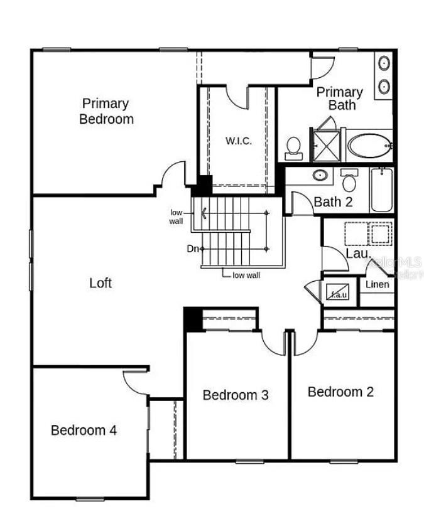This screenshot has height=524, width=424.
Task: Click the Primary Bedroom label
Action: [106, 111]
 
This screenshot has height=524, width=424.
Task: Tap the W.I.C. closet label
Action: [239, 141]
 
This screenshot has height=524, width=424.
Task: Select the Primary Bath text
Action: [339, 99]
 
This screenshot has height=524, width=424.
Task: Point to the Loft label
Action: [101, 283]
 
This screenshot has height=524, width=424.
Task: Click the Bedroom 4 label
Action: [84, 430]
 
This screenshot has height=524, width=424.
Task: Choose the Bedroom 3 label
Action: [236, 395]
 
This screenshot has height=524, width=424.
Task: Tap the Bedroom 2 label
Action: [340, 392]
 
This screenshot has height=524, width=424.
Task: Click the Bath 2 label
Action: [332, 202]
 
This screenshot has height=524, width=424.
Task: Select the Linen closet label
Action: [378, 284]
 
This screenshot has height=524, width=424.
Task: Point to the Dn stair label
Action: [193, 249]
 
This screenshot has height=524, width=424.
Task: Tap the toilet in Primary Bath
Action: [293, 147]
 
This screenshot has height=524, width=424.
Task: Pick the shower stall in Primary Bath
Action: [327, 144]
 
